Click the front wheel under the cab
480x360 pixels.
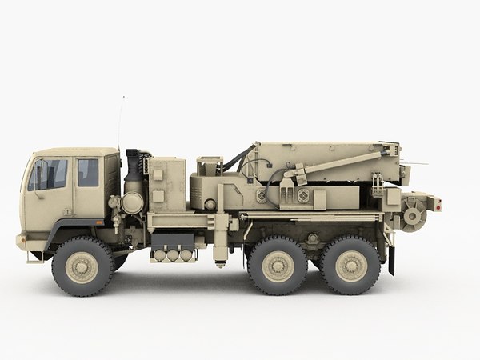click(x=82, y=266)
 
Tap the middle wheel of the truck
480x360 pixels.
click(x=278, y=266)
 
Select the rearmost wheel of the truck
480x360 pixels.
click(x=350, y=266)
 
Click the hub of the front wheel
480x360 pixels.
click(x=82, y=266)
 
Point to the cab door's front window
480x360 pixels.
click(x=50, y=174)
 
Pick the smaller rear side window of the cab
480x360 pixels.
click(x=88, y=172)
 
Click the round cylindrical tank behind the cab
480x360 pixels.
click(x=133, y=202)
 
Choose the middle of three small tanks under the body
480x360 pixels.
click(x=172, y=255)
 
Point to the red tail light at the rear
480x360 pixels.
click(x=438, y=206)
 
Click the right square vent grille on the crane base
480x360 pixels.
click(x=303, y=195)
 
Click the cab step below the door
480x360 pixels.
click(x=35, y=256)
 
